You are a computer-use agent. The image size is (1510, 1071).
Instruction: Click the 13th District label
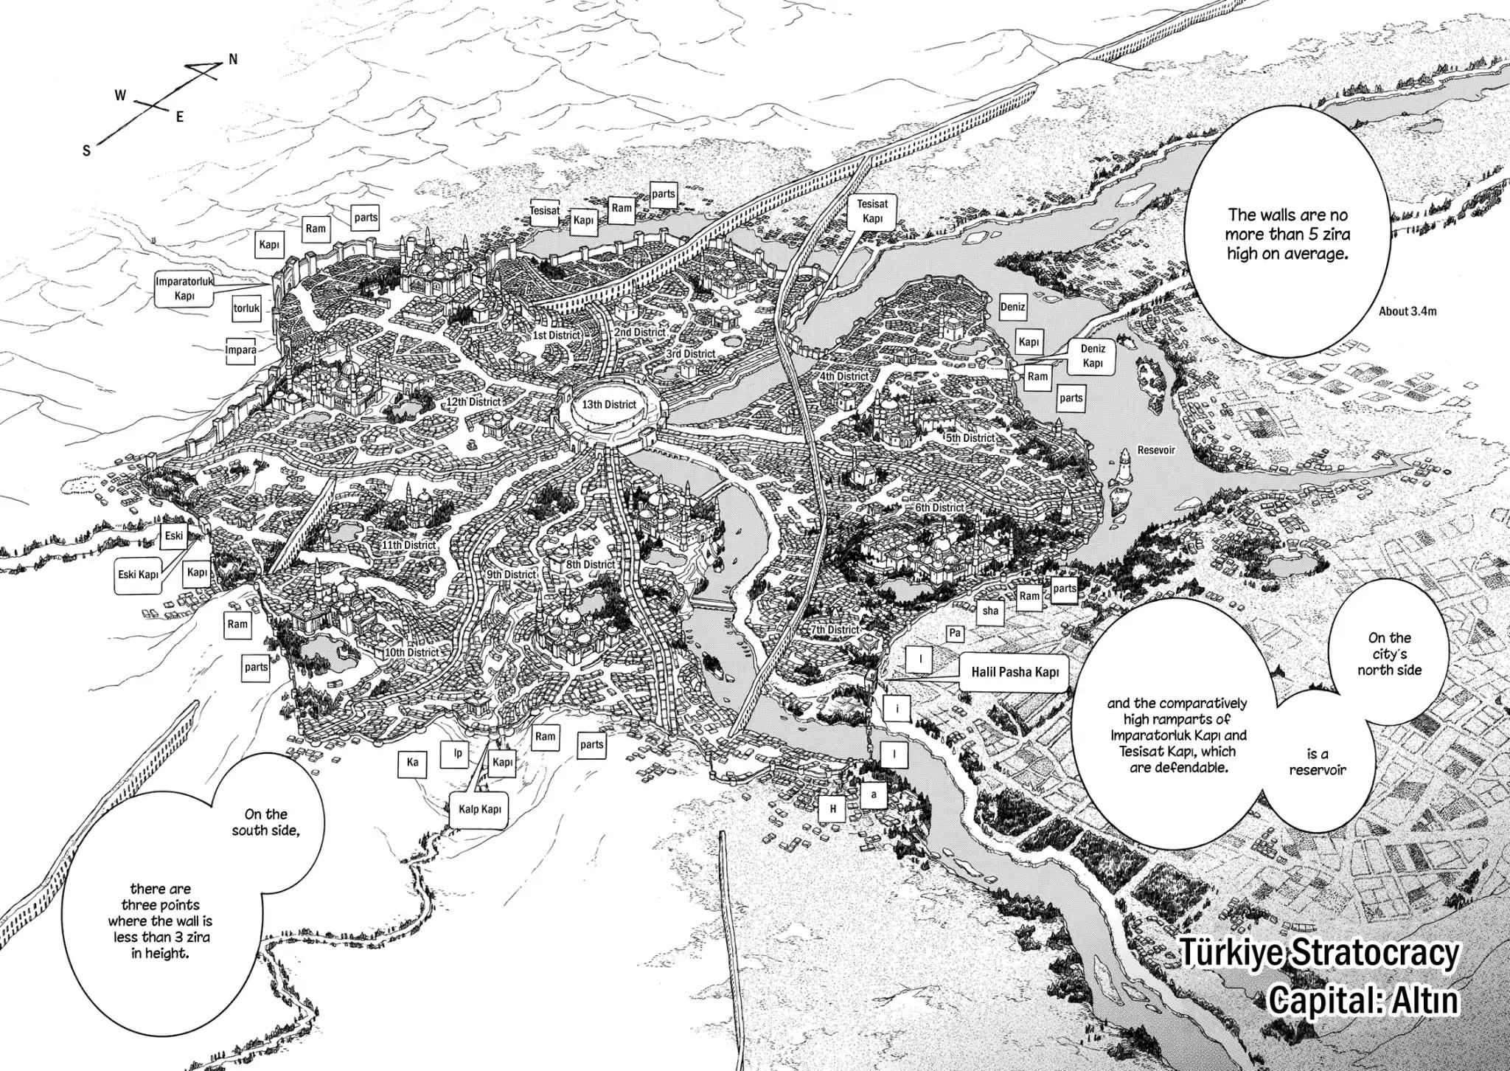tap(609, 404)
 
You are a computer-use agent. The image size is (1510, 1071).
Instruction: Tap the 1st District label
tap(557, 336)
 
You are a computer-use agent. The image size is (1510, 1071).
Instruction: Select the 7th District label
tap(835, 630)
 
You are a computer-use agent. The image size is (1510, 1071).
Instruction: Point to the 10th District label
tap(411, 653)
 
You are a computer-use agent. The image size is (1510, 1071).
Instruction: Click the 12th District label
tap(473, 402)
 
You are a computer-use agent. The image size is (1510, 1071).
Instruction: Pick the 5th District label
tap(970, 438)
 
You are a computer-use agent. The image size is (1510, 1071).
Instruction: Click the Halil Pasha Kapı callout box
tap(1015, 673)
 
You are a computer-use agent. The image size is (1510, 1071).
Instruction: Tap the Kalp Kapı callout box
tap(480, 809)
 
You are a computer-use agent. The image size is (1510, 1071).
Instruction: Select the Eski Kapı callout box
tap(139, 574)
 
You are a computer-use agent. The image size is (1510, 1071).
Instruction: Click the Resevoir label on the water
tap(1155, 450)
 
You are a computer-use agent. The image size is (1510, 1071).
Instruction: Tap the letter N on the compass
tap(233, 60)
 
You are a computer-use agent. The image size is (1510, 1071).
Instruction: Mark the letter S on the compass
tap(87, 150)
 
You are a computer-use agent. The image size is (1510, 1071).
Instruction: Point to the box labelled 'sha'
tap(990, 610)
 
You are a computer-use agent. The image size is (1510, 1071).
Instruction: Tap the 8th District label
tap(590, 564)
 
